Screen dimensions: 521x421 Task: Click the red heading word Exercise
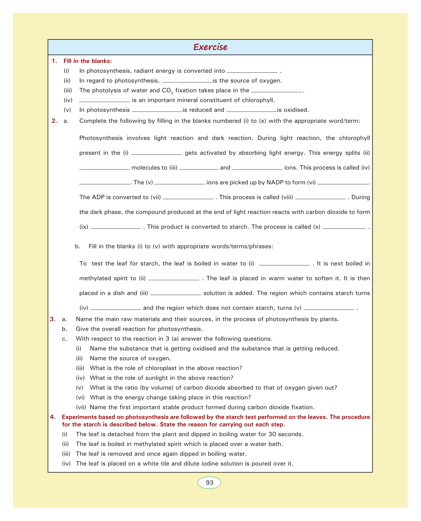(210, 47)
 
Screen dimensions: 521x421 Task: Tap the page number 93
(209, 483)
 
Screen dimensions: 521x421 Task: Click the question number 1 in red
(54, 61)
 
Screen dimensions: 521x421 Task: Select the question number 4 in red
(52, 417)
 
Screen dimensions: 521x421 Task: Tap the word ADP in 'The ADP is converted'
(99, 197)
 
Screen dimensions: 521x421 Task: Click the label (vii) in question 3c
(81, 407)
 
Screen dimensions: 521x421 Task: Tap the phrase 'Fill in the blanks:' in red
(88, 61)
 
